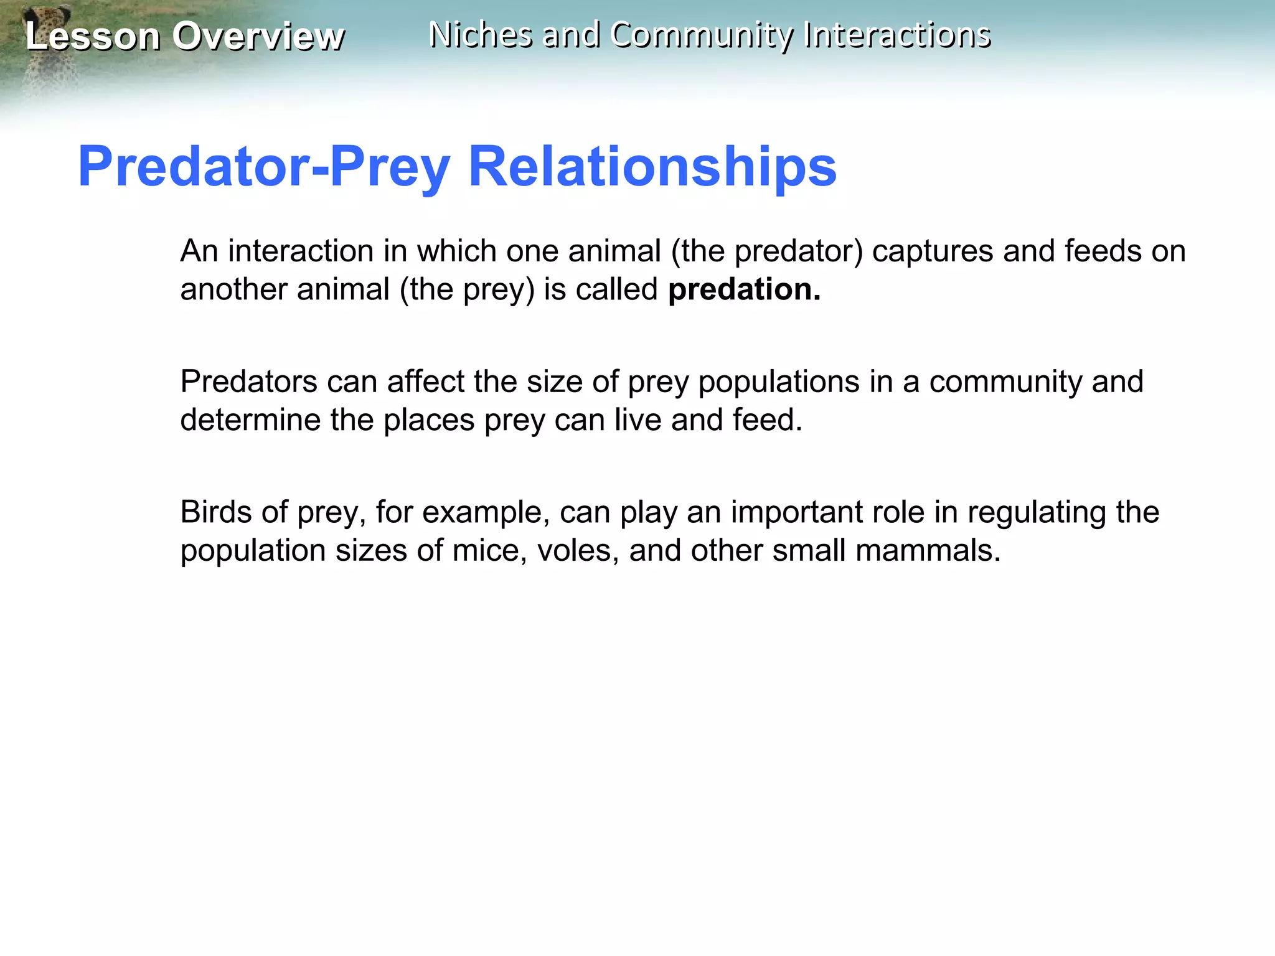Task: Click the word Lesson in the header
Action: point(92,36)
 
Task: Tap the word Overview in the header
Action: point(258,36)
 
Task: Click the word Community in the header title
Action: point(702,35)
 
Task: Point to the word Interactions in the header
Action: point(897,35)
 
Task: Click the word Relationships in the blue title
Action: point(652,166)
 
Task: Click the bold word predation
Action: point(744,289)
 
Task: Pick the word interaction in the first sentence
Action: point(301,251)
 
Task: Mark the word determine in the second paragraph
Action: point(250,420)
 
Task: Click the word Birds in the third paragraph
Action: point(215,512)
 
